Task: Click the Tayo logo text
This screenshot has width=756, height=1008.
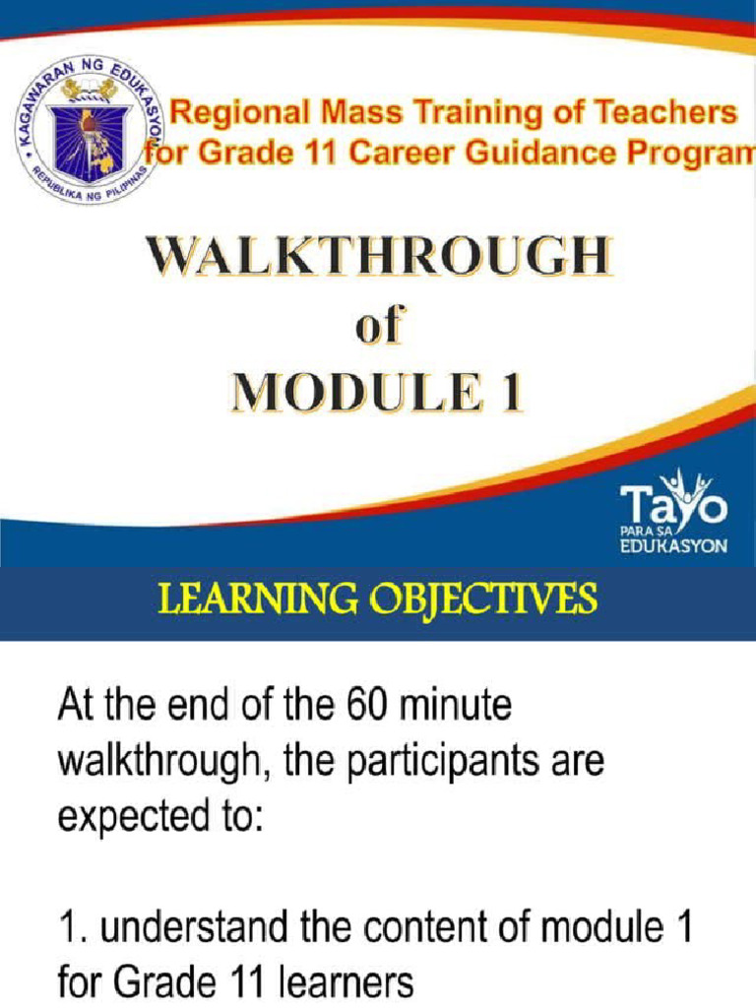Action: (674, 506)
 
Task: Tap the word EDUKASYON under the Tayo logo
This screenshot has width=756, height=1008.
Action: (674, 547)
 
